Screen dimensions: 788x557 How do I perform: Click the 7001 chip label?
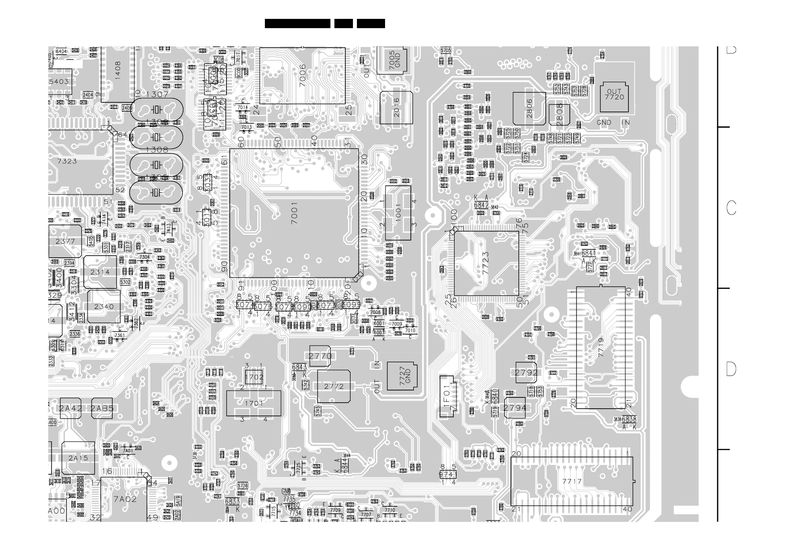[294, 213]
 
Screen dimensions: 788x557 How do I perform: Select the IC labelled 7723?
[486, 263]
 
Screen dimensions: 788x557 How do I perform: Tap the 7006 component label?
[302, 76]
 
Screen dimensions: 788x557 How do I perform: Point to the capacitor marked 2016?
[396, 107]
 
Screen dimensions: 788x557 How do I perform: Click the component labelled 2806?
[529, 108]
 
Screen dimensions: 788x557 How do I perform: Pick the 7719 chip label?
[601, 347]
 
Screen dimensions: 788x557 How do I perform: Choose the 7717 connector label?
[572, 481]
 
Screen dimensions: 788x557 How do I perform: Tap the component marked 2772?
[334, 386]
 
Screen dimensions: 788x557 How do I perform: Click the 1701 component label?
[254, 403]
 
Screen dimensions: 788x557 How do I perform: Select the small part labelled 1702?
[254, 377]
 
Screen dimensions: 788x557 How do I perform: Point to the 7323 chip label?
[67, 161]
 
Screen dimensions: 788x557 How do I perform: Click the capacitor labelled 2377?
[65, 241]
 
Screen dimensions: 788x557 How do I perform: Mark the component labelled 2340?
[104, 307]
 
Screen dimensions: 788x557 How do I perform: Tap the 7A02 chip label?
[125, 499]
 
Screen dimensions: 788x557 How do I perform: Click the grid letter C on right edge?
[731, 208]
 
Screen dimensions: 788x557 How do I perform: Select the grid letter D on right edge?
[731, 369]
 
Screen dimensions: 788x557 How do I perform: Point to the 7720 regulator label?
[614, 97]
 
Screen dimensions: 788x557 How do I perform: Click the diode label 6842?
[481, 205]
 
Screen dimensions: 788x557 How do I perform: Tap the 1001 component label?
[398, 213]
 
